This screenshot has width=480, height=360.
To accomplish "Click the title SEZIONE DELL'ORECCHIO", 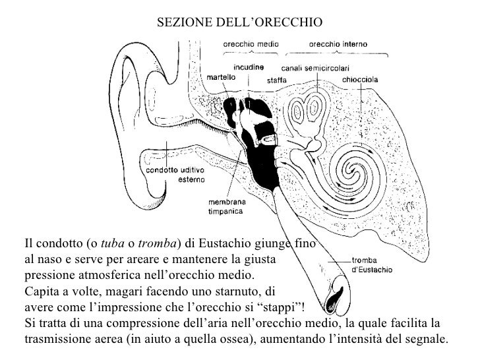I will [x=240, y=22].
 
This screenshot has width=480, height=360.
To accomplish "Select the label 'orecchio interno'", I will [x=338, y=44].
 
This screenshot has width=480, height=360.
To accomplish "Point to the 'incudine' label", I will [x=248, y=67].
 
